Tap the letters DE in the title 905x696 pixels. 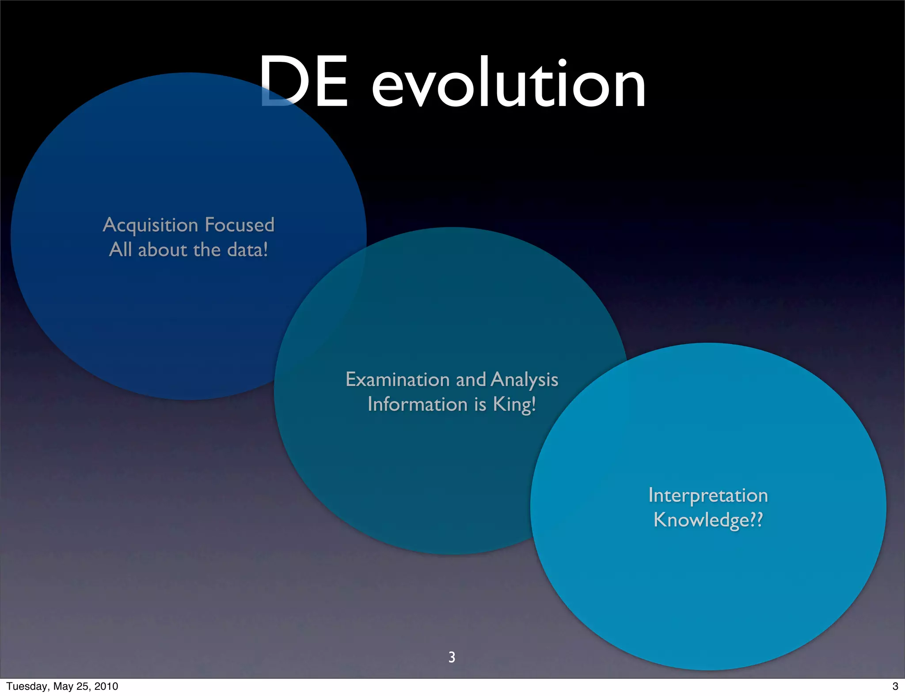coord(304,82)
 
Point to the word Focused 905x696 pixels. coord(240,225)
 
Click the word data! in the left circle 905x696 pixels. coord(247,250)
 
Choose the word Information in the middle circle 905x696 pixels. coord(417,405)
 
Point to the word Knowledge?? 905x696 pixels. coord(708,520)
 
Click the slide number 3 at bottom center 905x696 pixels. coord(452,657)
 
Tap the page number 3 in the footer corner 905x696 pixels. coord(895,686)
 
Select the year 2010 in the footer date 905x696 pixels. coord(106,686)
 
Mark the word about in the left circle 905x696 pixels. coord(163,250)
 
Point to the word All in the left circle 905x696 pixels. coord(120,250)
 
